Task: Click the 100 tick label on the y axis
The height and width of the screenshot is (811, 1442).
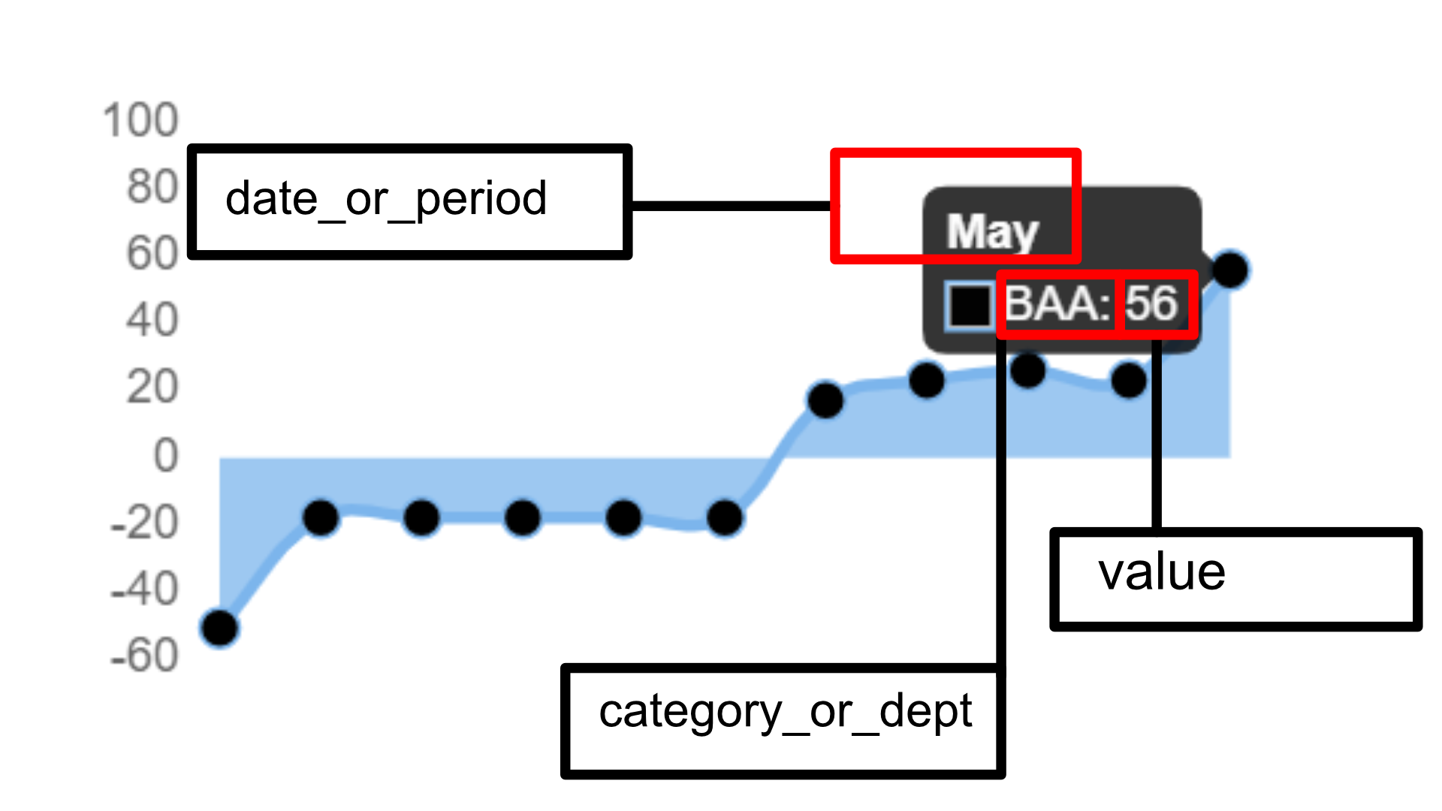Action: tap(140, 120)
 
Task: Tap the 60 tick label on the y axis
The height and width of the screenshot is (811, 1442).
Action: tap(152, 254)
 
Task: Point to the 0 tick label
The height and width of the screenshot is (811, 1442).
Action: tap(166, 455)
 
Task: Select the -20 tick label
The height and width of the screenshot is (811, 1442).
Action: tap(144, 523)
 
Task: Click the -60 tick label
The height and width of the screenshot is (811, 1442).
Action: tap(144, 656)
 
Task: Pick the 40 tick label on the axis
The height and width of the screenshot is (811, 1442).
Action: tap(152, 321)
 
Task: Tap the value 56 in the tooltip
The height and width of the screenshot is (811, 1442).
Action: tap(1151, 303)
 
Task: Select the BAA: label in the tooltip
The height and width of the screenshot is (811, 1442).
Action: tap(1057, 304)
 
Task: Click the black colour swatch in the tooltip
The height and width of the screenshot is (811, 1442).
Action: tap(970, 306)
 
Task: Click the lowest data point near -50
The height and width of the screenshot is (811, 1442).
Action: tap(219, 628)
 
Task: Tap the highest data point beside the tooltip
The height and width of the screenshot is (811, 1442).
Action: tap(1230, 269)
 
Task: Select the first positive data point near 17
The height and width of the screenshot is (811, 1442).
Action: tap(825, 399)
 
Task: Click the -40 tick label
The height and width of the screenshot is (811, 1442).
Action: tap(144, 589)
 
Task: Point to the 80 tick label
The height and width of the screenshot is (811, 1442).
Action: tap(152, 187)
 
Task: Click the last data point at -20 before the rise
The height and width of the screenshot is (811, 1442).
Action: tap(725, 517)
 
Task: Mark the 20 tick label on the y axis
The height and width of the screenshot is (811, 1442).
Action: tap(152, 388)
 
